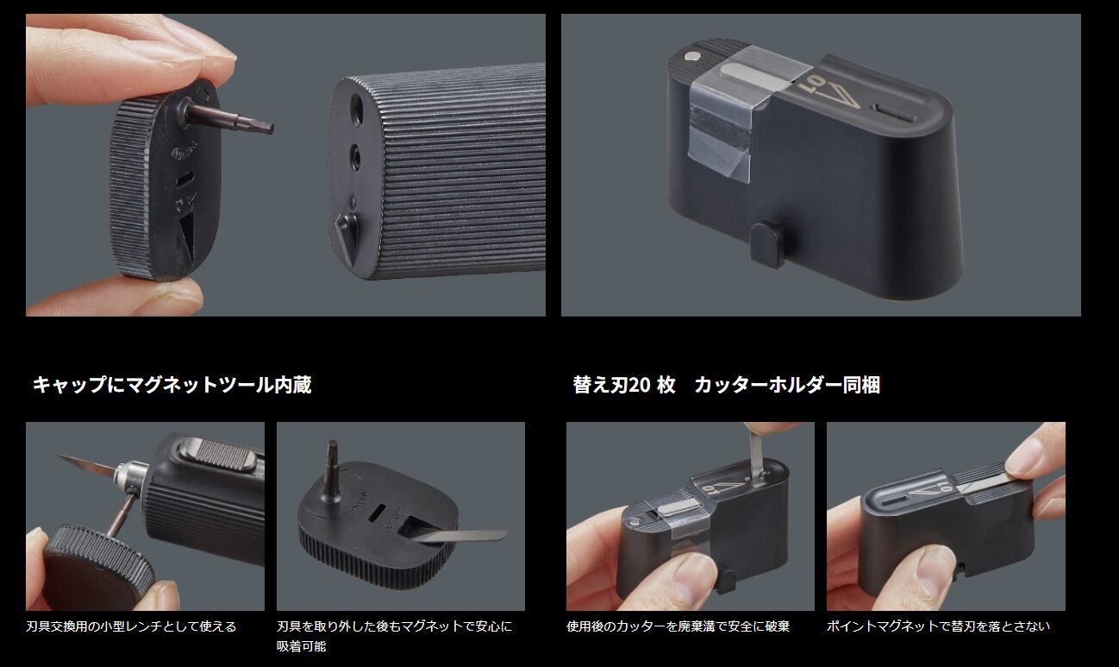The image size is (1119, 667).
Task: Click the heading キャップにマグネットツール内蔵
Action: coord(172,385)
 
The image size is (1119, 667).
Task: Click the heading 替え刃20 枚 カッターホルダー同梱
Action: coord(726,385)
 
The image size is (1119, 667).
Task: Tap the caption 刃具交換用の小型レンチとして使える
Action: coord(131,626)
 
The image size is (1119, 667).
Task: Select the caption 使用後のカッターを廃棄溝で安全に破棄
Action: coord(678,626)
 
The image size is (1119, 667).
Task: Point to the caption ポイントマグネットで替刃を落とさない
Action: coord(938,626)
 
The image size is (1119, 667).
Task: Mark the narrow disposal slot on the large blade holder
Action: coord(893,110)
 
